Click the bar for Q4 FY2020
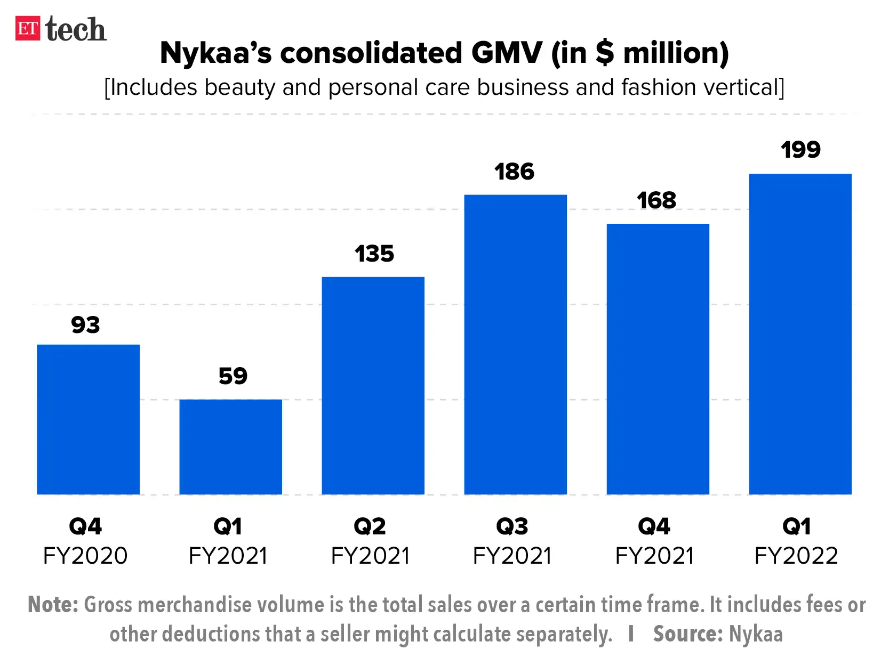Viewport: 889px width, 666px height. coord(88,419)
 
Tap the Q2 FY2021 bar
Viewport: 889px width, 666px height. coord(373,385)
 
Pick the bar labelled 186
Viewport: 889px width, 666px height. coord(515,344)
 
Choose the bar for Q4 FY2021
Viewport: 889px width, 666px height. coord(658,359)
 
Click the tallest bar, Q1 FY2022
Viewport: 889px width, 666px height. coord(800,334)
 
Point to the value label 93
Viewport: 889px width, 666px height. coord(85,324)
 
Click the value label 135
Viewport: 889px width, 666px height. coord(374,254)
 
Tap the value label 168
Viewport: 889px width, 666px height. coord(656,201)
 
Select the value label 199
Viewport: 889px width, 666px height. coord(800,150)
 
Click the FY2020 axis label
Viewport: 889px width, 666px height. coord(85,556)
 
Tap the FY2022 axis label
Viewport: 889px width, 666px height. coord(796,556)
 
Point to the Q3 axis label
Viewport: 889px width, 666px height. coord(512,526)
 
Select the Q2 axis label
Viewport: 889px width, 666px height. coord(370,526)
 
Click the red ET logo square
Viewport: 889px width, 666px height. coord(28,28)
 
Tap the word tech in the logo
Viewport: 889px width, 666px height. coord(76,29)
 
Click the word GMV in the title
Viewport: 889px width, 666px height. coord(507,53)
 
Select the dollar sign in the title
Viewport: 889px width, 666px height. coord(604,53)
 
